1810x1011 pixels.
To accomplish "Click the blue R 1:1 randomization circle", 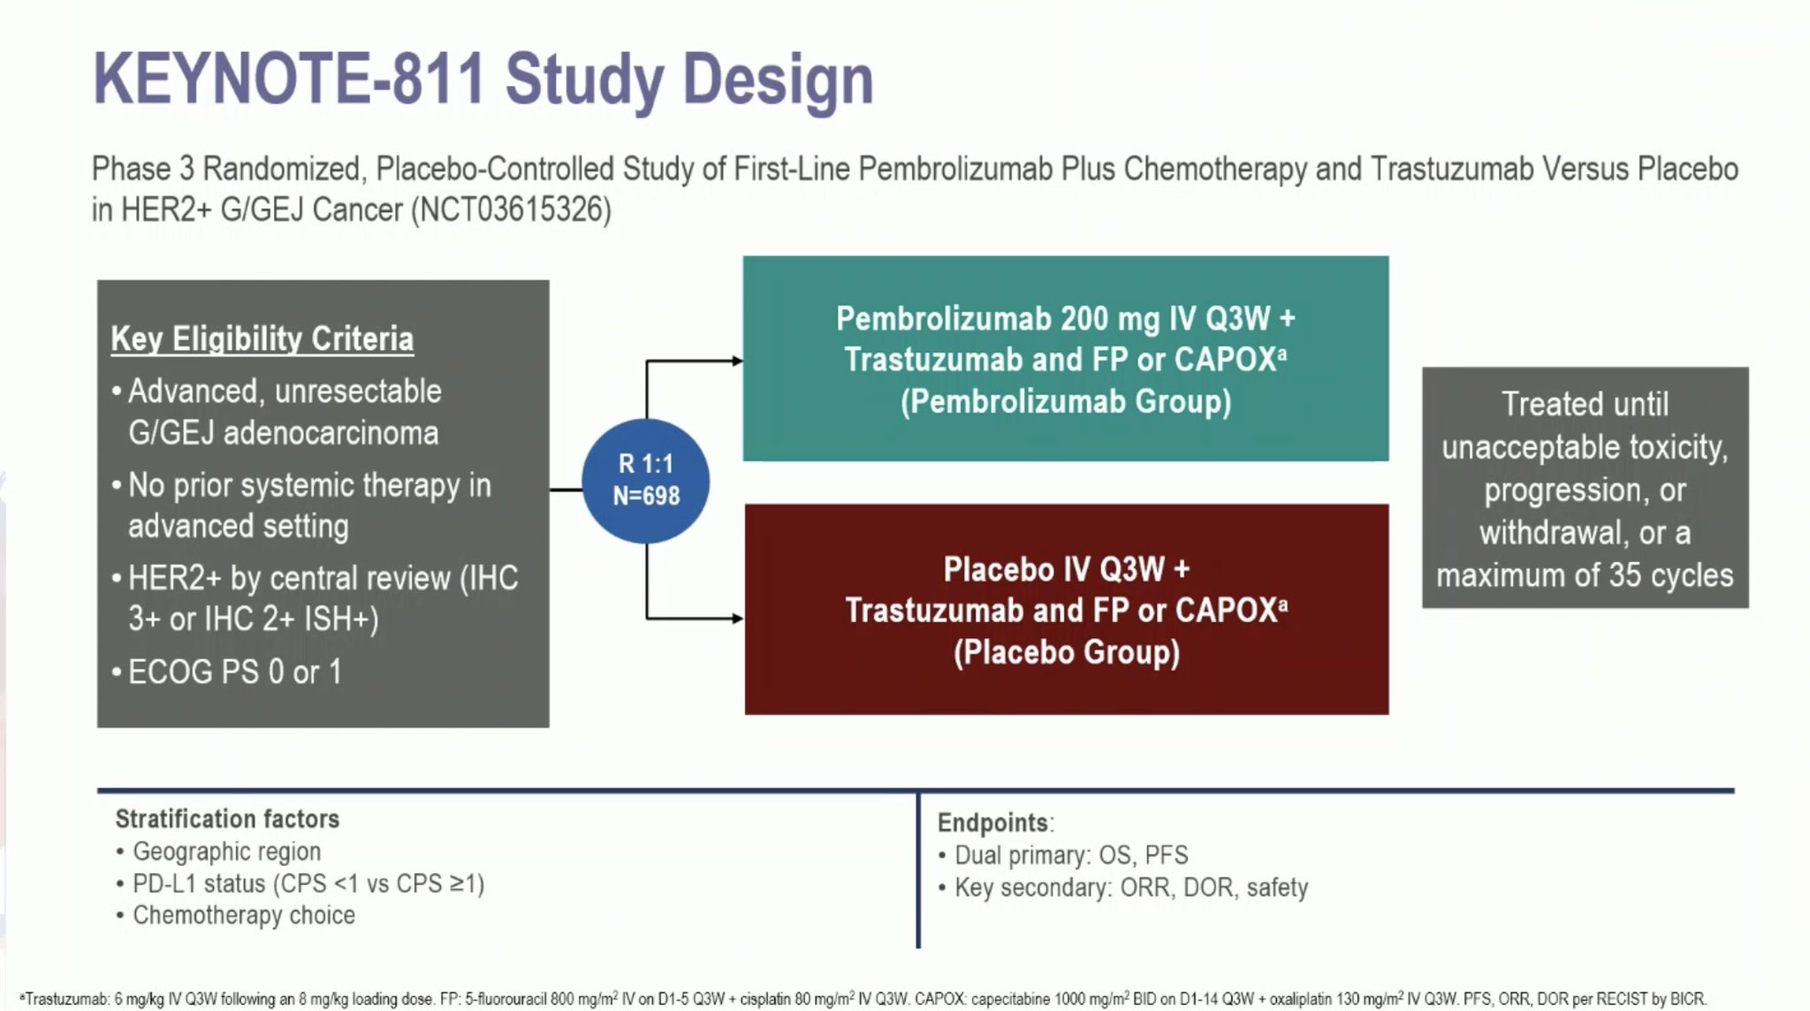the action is point(645,481).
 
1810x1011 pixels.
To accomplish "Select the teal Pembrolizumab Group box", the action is point(1065,359).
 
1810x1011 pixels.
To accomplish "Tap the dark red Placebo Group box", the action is point(1067,610).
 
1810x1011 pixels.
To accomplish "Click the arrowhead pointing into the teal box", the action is point(737,361).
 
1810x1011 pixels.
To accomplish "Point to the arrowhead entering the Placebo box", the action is point(737,618).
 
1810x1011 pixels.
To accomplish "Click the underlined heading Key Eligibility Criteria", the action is point(262,338).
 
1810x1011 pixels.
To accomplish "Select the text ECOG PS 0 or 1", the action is point(235,672).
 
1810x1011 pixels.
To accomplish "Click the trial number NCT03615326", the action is point(511,209).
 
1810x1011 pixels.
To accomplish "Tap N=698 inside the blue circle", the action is point(646,496).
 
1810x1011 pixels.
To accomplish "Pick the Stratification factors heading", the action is point(227,819).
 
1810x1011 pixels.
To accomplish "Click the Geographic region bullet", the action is point(226,851).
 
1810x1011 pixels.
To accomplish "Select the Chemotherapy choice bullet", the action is point(244,915).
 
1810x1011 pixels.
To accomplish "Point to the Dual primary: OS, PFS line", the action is point(1071,855).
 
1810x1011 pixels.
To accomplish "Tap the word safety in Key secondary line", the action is point(1277,887).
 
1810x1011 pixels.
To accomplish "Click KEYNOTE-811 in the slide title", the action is point(289,80).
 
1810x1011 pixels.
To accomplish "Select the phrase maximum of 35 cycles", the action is point(1585,575).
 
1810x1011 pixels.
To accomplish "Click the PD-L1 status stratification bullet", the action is point(308,883).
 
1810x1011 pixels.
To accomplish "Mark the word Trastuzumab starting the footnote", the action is point(65,999).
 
